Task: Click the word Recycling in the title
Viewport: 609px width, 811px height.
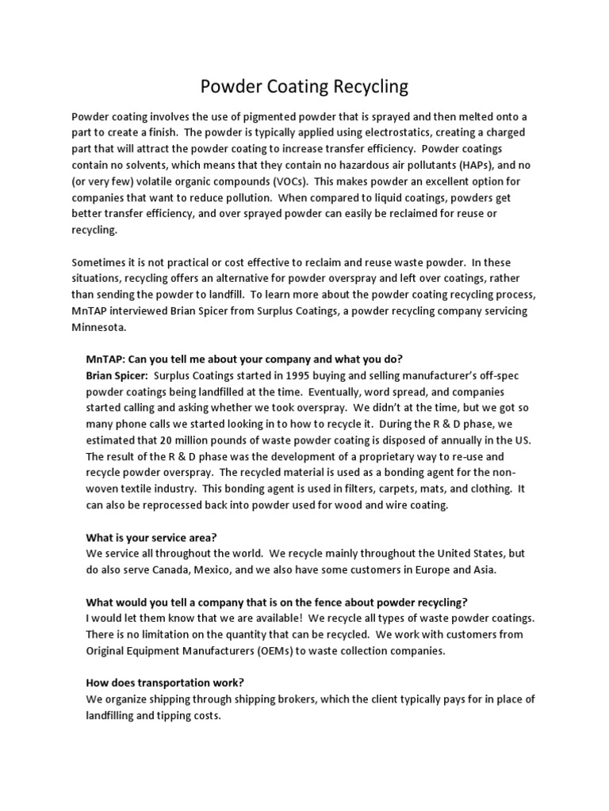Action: pos(369,86)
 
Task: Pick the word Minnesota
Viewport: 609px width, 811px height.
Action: pos(98,327)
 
